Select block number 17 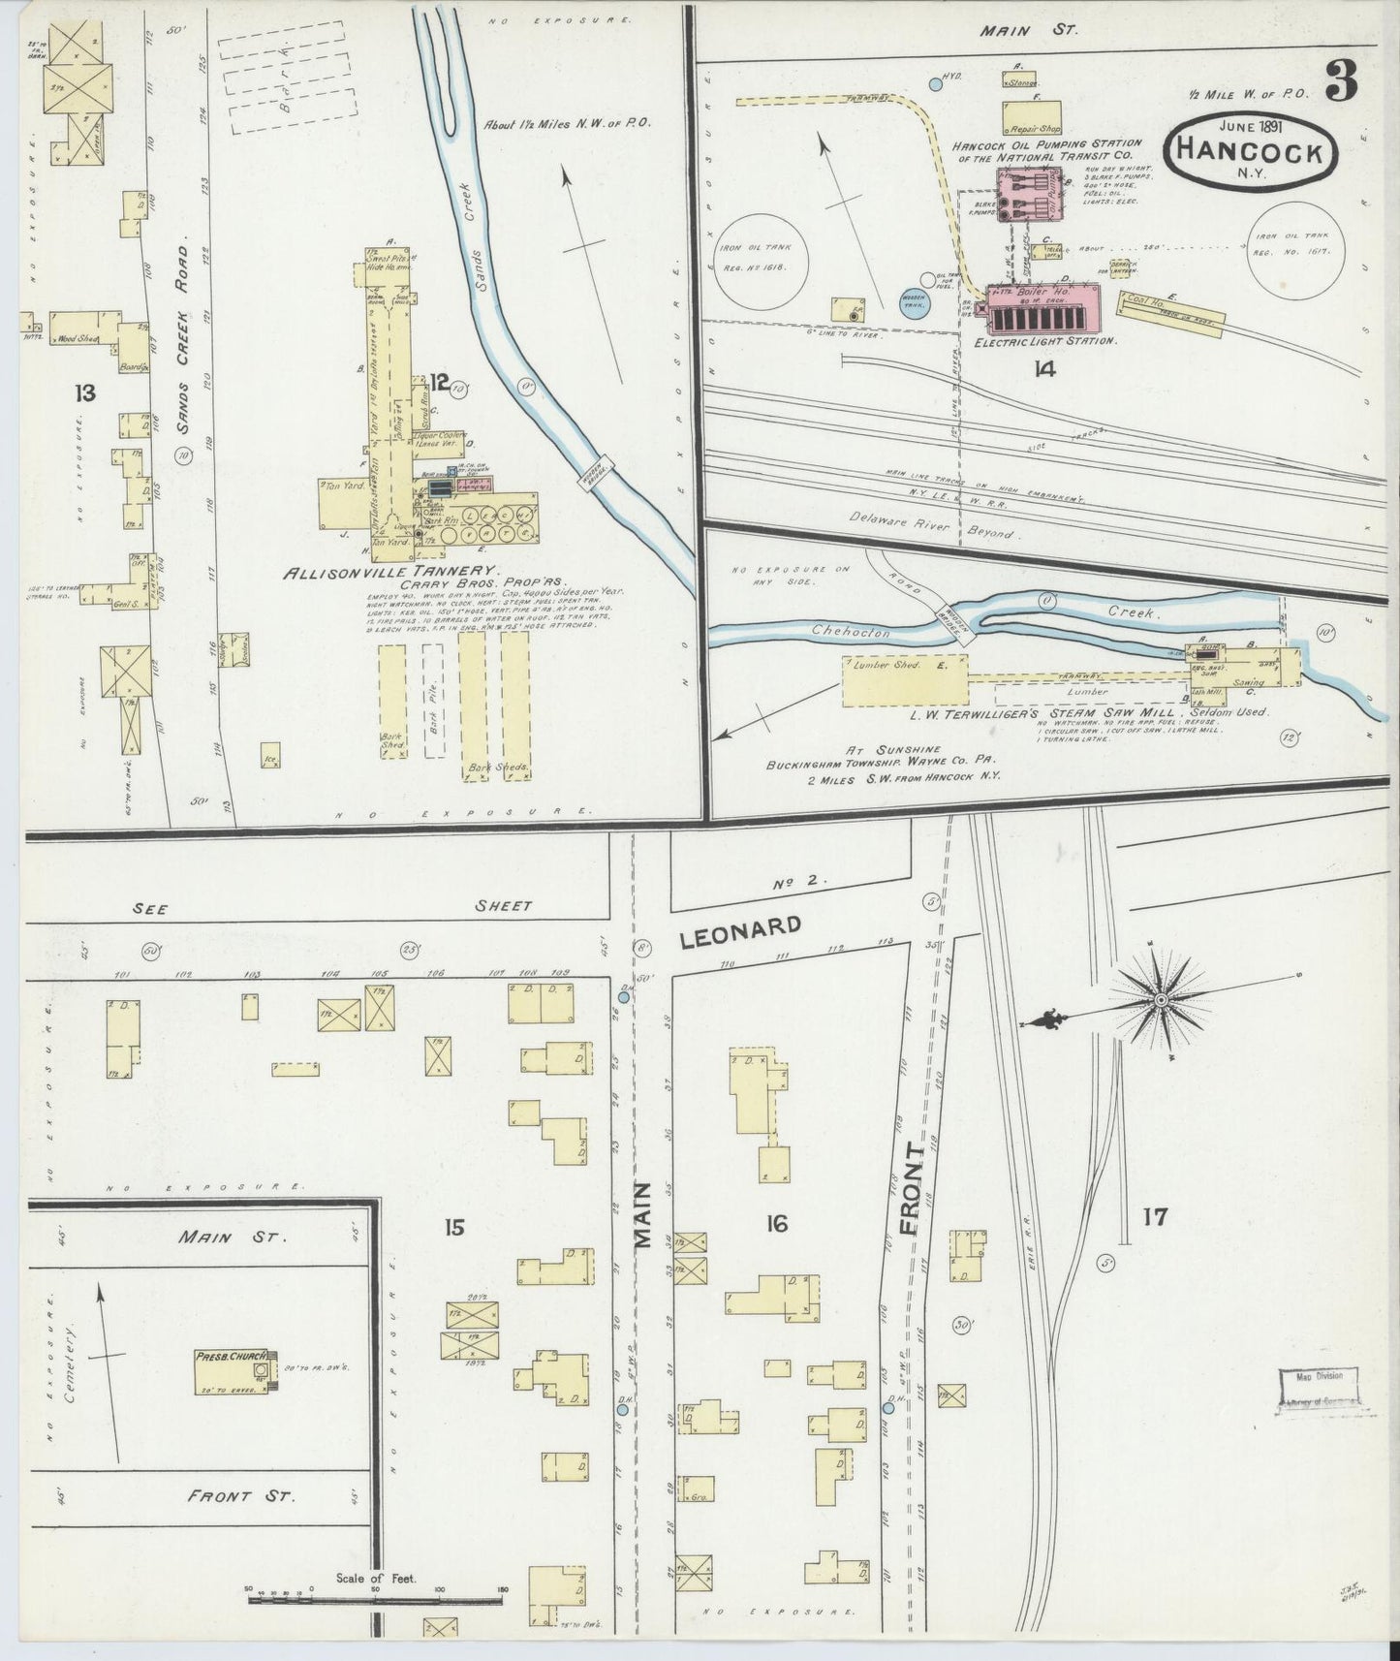[1154, 1217]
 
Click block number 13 [87, 392]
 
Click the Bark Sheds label [497, 767]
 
